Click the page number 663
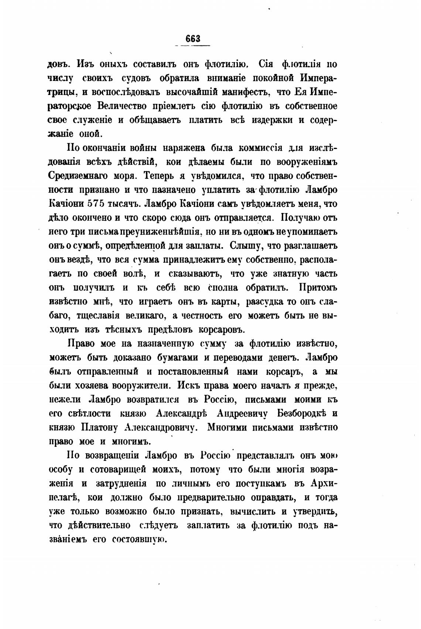(193, 39)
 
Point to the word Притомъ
(318, 288)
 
